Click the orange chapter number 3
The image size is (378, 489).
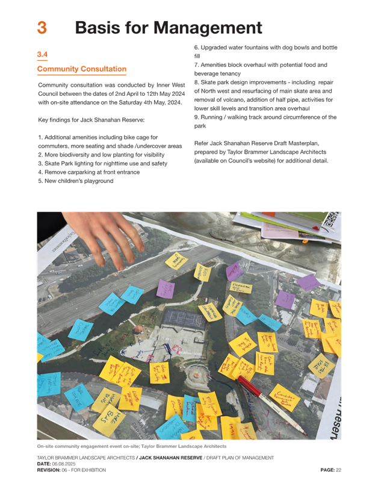click(x=42, y=28)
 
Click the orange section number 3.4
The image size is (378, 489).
click(x=42, y=55)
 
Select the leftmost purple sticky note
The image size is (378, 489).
click(x=165, y=288)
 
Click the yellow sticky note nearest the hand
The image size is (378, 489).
click(x=176, y=261)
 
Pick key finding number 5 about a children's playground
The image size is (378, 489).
click(x=75, y=181)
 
